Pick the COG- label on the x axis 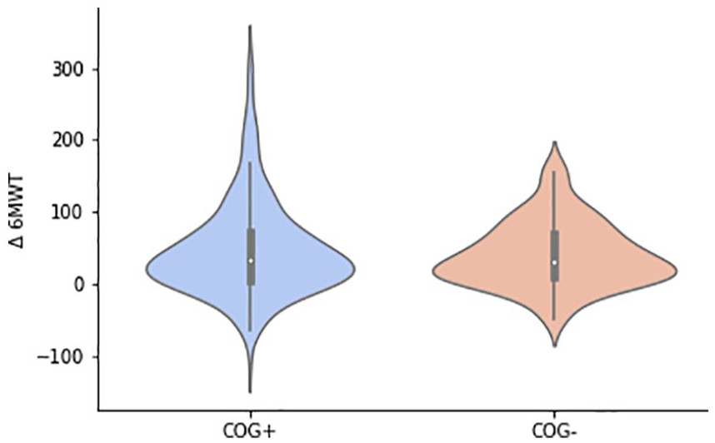[554, 431]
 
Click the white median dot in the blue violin [251, 261]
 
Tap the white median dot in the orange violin [554, 262]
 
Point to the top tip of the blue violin [251, 26]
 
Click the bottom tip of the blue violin [251, 392]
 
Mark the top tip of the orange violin [554, 142]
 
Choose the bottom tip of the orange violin [554, 346]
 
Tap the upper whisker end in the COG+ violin [251, 162]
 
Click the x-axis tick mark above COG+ [251, 413]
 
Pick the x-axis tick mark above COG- [554, 413]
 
